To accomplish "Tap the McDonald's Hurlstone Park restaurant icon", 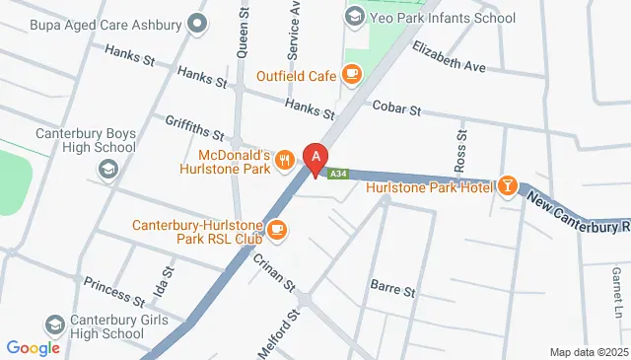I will pyautogui.click(x=284, y=159).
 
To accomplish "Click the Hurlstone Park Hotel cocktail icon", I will pyautogui.click(x=508, y=185).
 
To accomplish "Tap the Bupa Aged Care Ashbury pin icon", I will pyautogui.click(x=198, y=22).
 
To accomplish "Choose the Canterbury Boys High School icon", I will pyautogui.click(x=106, y=170).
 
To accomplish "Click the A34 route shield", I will pyautogui.click(x=338, y=174).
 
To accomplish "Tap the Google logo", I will pyautogui.click(x=34, y=347).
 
